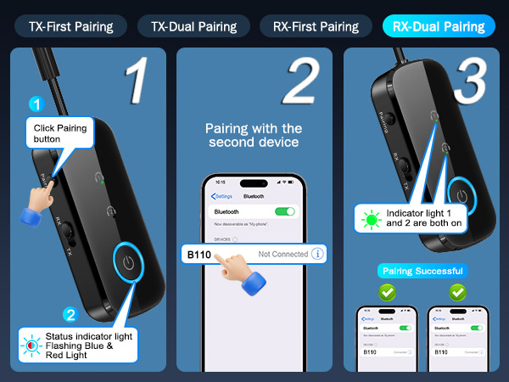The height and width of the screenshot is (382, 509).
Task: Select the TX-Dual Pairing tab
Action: point(193,25)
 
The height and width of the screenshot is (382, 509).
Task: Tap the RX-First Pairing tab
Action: point(316,25)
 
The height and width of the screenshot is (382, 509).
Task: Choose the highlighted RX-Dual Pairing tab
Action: point(439,25)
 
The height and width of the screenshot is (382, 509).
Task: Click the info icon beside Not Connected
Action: point(318,253)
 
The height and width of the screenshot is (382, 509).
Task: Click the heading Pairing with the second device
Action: point(254,135)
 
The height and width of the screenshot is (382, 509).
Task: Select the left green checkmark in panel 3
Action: point(387,292)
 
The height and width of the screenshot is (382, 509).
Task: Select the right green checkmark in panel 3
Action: point(458,292)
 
